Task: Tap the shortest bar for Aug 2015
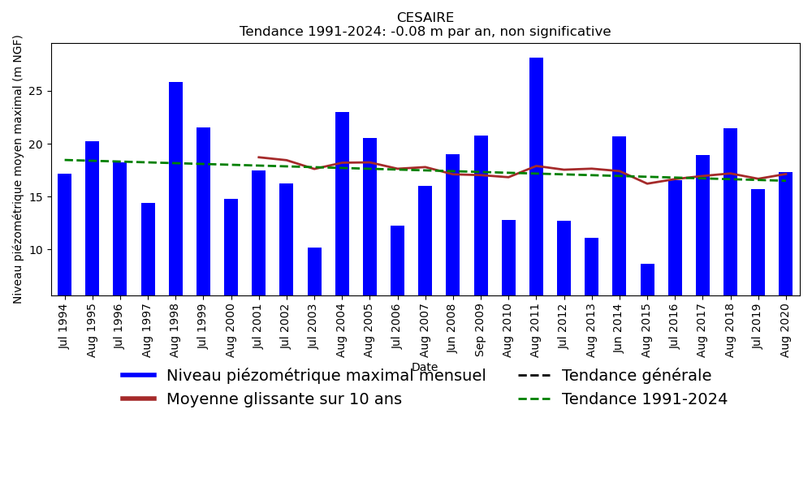click(647, 279)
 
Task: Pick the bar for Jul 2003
click(314, 271)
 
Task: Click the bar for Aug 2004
click(342, 203)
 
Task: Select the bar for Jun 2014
click(620, 215)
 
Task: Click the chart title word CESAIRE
click(425, 18)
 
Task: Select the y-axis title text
click(18, 169)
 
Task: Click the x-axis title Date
click(425, 368)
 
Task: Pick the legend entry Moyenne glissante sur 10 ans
click(283, 399)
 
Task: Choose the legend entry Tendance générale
click(636, 376)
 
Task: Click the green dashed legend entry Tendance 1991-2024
click(644, 399)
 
